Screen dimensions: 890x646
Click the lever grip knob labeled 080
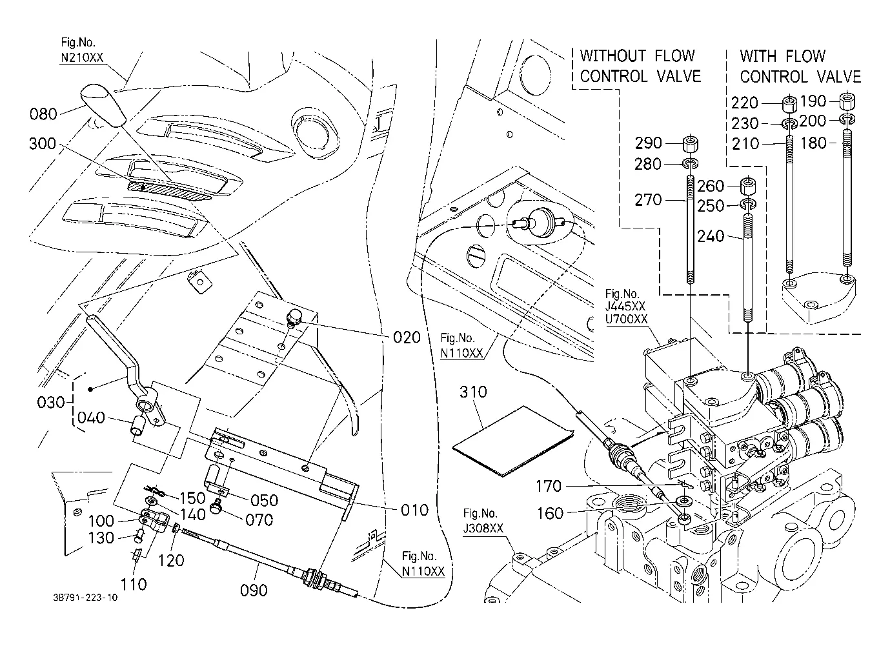coord(103,105)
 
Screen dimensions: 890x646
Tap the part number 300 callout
coord(43,143)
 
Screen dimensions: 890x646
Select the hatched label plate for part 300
coord(169,190)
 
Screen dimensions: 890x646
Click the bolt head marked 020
coord(294,318)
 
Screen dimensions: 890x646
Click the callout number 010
coord(414,510)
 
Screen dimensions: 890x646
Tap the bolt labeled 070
coord(217,507)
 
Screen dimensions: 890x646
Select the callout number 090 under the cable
coord(254,590)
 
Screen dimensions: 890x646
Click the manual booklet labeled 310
coord(513,441)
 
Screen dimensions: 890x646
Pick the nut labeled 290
coord(691,144)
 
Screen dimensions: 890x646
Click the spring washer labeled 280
coord(691,163)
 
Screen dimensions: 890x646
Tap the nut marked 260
coord(748,185)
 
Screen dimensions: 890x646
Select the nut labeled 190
coord(847,101)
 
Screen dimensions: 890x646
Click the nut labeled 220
coord(790,103)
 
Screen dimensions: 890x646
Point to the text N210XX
coord(82,57)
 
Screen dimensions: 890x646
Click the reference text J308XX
coord(483,528)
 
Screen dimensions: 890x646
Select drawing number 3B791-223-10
coord(85,598)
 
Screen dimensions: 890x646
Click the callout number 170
coord(549,486)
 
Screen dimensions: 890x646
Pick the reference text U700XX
coord(626,319)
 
